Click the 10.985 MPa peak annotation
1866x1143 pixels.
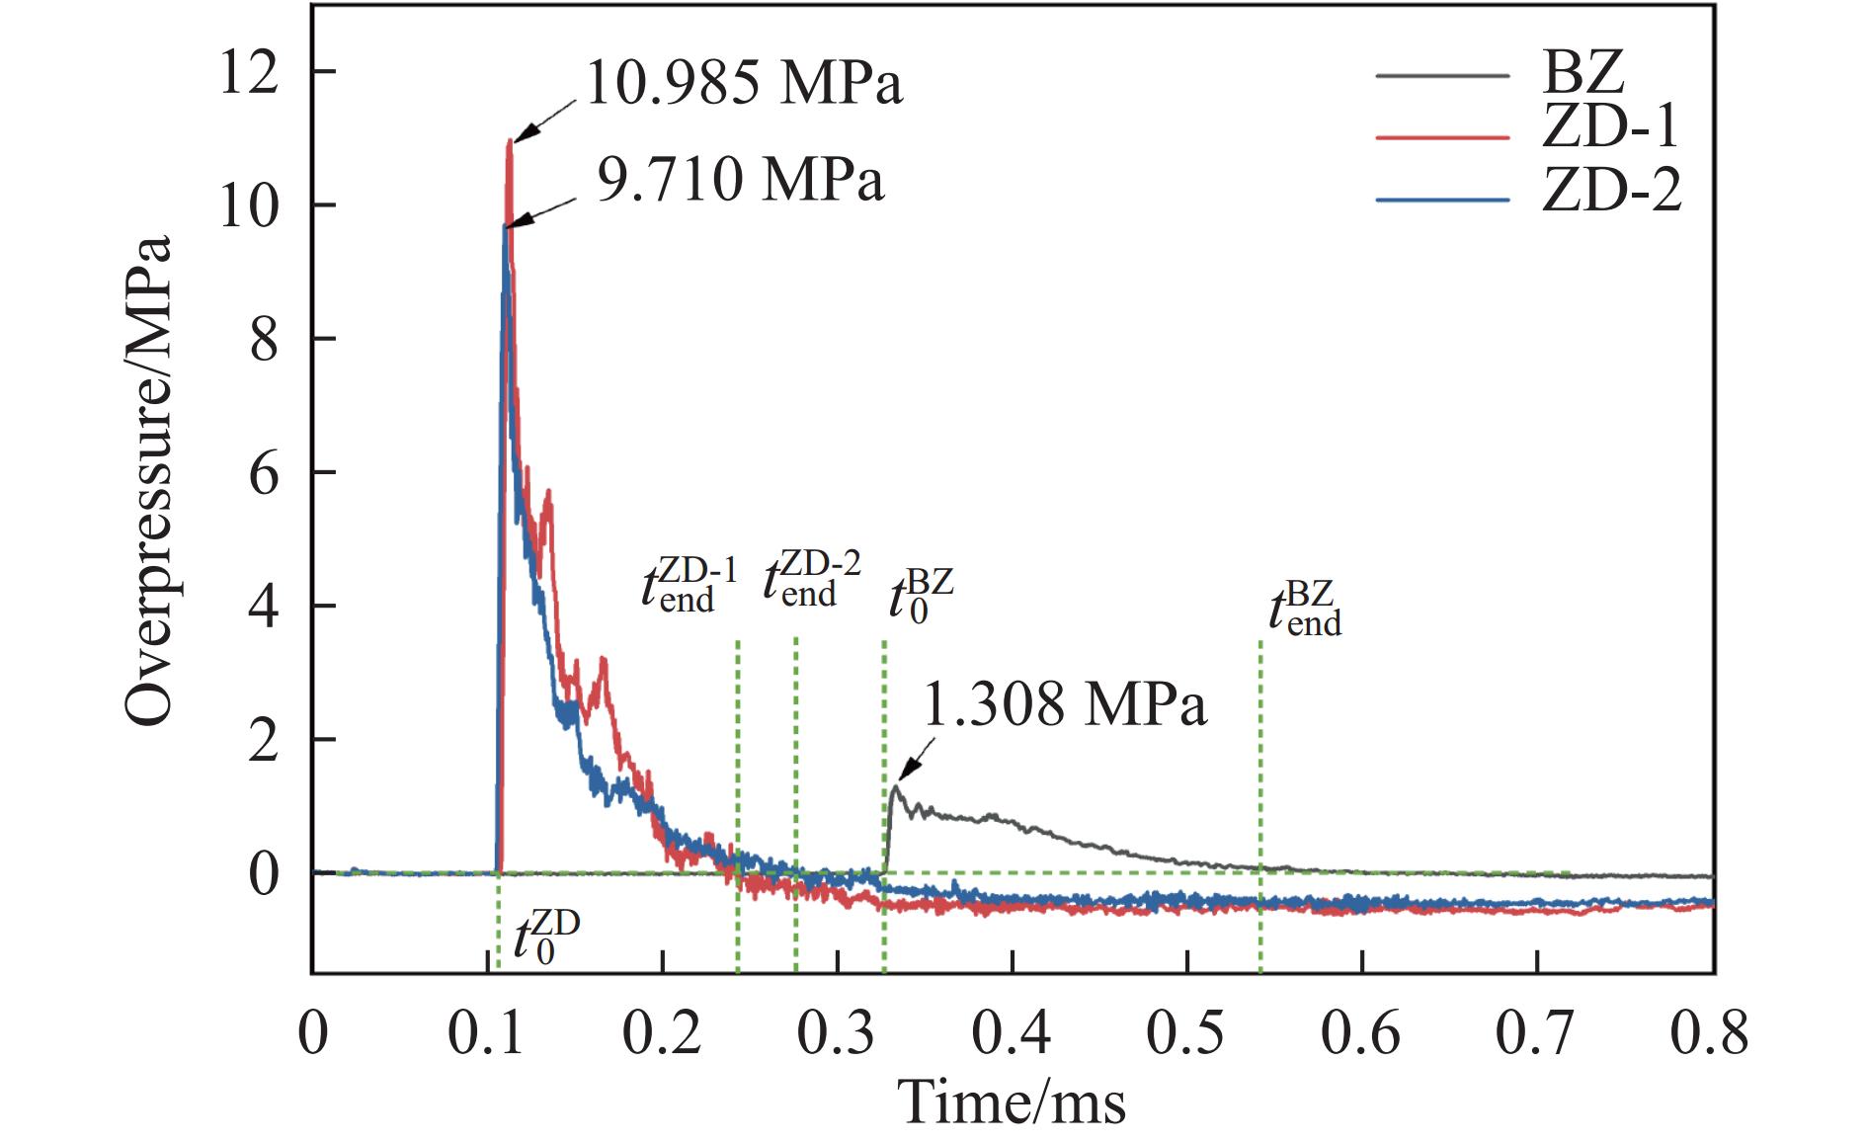pyautogui.click(x=743, y=83)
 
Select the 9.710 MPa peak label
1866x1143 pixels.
pyautogui.click(x=740, y=181)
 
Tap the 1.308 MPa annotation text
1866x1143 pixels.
pyautogui.click(x=1064, y=705)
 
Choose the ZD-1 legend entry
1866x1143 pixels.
pyautogui.click(x=1610, y=128)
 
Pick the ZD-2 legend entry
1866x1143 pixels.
pyautogui.click(x=1610, y=190)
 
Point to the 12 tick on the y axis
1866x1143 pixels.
pyautogui.click(x=250, y=73)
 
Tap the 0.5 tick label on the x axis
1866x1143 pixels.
pyautogui.click(x=1186, y=1032)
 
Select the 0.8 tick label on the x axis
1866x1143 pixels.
pyautogui.click(x=1709, y=1032)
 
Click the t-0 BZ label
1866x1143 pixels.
pyautogui.click(x=920, y=595)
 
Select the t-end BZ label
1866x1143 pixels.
pyautogui.click(x=1305, y=610)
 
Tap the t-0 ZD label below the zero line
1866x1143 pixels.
pyautogui.click(x=545, y=937)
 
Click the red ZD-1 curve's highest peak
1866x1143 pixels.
pyautogui.click(x=510, y=142)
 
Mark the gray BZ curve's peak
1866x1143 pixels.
pyautogui.click(x=896, y=786)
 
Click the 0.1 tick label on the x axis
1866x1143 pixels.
pyautogui.click(x=487, y=1032)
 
